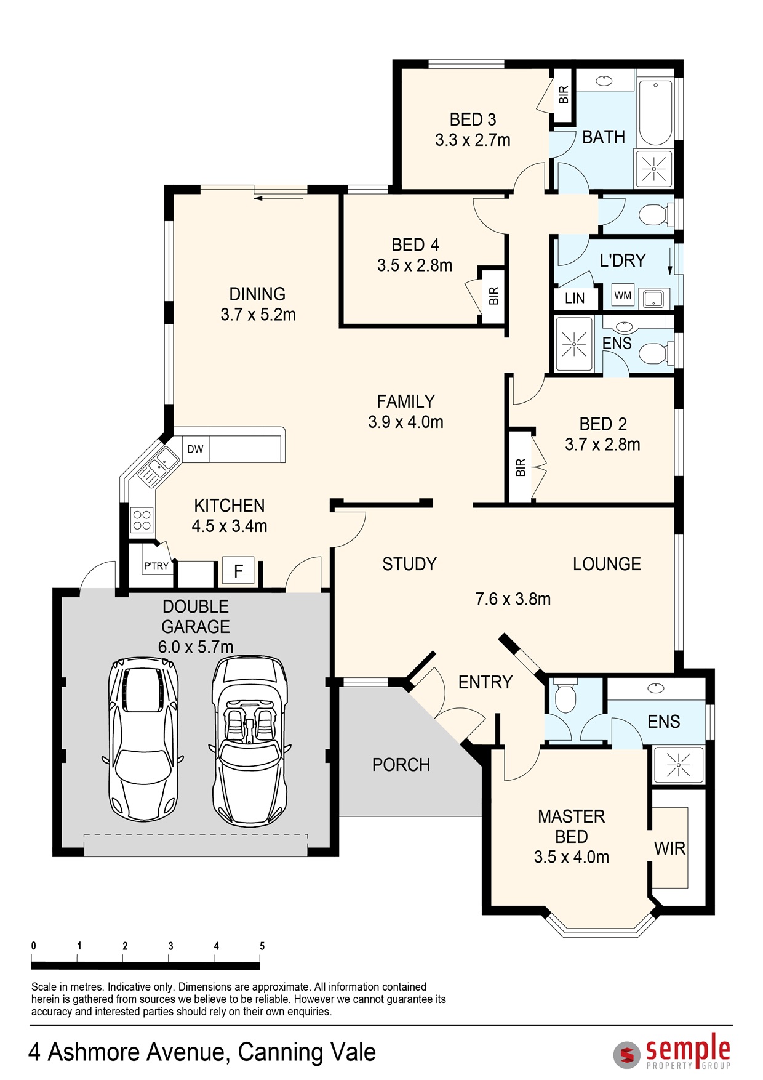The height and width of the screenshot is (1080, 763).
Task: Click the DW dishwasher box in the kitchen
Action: click(196, 449)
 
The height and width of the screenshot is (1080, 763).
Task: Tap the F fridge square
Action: click(238, 571)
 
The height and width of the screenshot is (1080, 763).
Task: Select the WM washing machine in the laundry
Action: click(623, 296)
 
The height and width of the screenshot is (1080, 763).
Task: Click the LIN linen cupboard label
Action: click(575, 299)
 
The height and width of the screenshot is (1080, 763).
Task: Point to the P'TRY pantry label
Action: click(156, 566)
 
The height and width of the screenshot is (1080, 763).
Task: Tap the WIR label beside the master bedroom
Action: click(669, 848)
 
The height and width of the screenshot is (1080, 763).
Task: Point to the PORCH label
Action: click(401, 765)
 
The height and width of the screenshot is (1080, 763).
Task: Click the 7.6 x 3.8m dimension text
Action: click(513, 599)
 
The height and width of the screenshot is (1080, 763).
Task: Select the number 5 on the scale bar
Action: click(262, 946)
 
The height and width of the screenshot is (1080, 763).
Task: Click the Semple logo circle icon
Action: click(627, 1055)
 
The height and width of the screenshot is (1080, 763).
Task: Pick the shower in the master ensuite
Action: click(678, 765)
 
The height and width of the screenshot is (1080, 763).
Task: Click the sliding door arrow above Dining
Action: click(279, 198)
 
